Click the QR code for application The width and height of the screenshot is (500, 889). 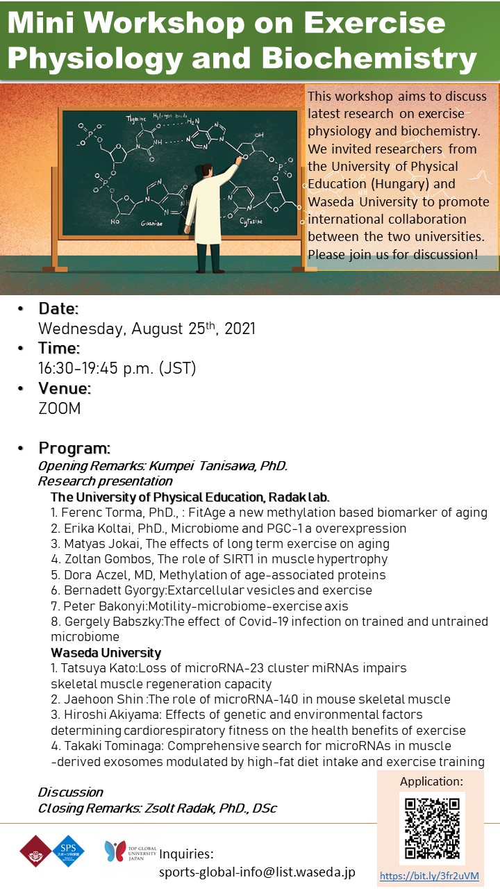[432, 826]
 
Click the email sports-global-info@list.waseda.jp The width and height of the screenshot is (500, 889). [257, 871]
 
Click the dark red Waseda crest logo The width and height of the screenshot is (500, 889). [36, 851]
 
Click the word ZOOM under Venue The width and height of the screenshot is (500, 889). [60, 408]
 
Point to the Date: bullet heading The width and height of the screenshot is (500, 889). [58, 308]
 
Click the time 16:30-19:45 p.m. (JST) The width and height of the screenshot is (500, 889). [117, 368]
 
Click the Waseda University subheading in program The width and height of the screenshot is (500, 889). [106, 652]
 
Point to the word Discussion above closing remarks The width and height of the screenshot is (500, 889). [70, 792]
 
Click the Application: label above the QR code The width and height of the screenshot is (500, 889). [431, 781]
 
